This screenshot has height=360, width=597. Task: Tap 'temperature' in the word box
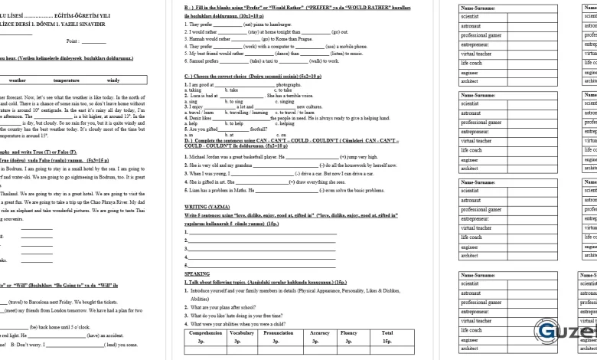point(66,80)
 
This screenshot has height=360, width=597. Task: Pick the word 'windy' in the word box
point(113,80)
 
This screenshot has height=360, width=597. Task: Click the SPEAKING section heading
point(197,273)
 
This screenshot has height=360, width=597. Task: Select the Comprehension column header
point(205,333)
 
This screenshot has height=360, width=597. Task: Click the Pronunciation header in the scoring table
point(278,333)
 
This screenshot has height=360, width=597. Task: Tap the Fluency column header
point(349,333)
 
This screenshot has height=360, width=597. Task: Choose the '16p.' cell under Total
point(387,341)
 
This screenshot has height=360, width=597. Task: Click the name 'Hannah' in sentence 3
point(198,38)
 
